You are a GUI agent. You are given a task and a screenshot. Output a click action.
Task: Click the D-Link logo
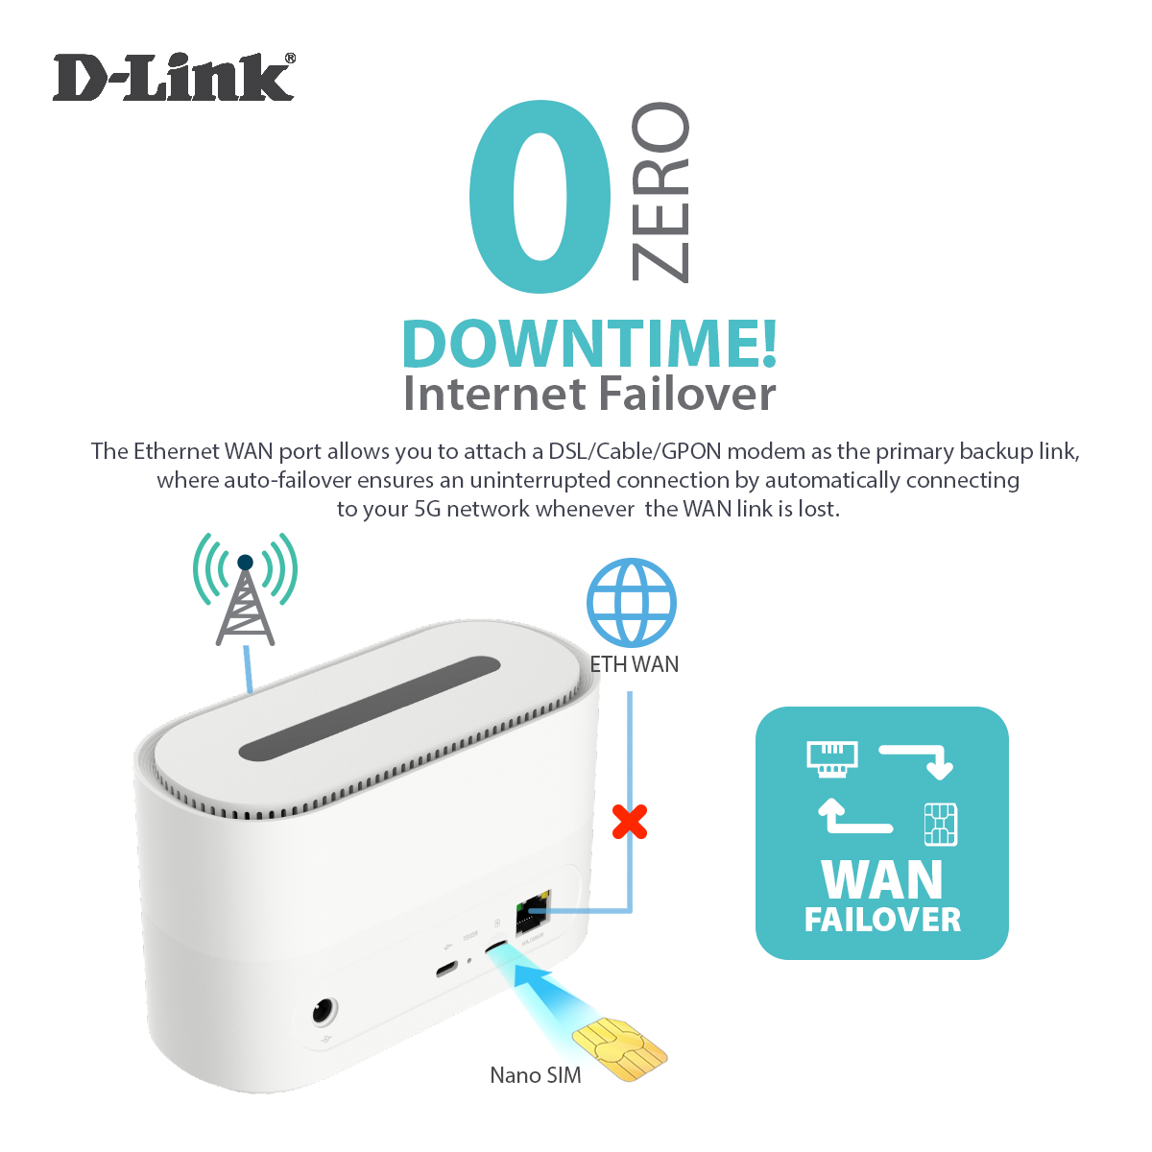173,79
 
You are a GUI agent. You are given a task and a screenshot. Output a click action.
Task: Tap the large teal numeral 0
540,196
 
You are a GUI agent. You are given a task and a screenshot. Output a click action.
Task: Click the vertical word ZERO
660,192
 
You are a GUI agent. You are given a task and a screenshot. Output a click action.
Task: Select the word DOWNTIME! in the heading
588,344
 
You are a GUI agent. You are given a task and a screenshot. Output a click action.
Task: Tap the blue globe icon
632,602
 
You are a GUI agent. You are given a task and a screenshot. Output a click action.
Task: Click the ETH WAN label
634,664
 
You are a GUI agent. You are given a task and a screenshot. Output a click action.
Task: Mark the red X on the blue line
630,822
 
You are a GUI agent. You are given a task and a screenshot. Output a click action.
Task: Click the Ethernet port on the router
531,916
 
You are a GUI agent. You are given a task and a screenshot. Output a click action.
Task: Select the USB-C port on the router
446,969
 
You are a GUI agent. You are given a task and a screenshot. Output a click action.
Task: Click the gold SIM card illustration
619,1050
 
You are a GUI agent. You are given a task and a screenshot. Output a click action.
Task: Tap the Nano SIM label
536,1075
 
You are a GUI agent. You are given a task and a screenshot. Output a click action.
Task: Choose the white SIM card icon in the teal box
940,824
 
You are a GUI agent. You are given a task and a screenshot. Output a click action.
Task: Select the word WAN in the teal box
882,878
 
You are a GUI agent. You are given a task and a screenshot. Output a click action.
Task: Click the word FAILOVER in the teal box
882,920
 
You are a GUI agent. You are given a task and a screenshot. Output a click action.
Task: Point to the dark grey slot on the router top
370,708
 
